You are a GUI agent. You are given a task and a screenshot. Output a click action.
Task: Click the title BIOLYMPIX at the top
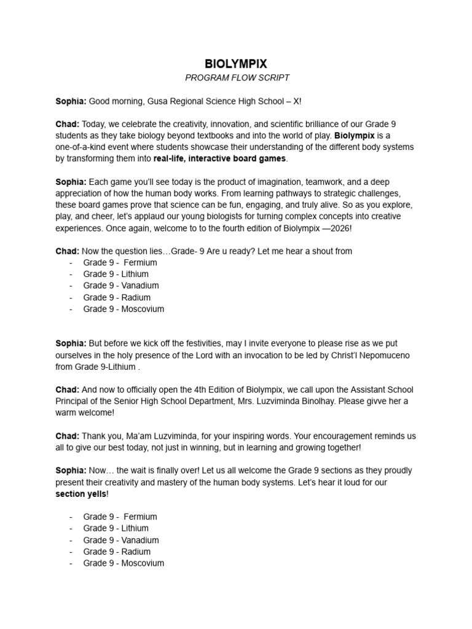(x=236, y=63)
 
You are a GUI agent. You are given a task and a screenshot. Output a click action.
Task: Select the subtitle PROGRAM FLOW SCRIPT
(x=236, y=77)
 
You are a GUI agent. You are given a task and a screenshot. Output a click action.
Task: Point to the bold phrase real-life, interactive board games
(x=219, y=158)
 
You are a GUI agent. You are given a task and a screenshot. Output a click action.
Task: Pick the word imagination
(x=290, y=182)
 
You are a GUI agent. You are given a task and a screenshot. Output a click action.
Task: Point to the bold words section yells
(x=81, y=494)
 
